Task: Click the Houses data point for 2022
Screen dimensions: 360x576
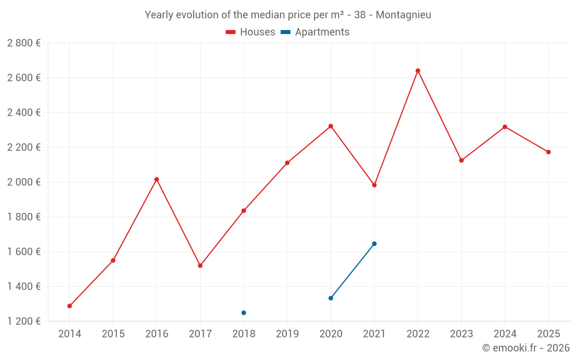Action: coord(418,71)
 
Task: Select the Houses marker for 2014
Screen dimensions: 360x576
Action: coord(70,306)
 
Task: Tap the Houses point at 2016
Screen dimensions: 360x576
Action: coord(157,179)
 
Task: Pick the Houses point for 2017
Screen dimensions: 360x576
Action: coord(200,266)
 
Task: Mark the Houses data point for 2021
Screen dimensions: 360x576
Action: coord(374,185)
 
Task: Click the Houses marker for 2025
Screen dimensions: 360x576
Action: coord(548,152)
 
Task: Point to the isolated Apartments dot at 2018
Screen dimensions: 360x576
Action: coord(244,313)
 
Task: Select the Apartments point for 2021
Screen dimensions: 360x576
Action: coord(374,244)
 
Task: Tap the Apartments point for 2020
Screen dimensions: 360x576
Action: coord(331,298)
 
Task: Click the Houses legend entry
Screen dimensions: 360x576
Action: coord(251,32)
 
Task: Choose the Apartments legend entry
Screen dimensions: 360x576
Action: coord(315,32)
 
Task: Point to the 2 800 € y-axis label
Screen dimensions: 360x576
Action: coord(24,43)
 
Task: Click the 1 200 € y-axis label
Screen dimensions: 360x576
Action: coord(24,321)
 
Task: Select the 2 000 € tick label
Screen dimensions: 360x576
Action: coord(24,182)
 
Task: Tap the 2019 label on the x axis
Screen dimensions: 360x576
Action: coord(287,334)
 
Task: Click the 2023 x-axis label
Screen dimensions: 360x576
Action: coord(461,334)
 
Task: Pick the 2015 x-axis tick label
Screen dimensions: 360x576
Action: coord(113,334)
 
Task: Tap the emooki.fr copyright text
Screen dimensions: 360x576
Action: coord(526,348)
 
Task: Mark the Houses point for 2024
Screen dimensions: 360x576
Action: coord(505,127)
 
